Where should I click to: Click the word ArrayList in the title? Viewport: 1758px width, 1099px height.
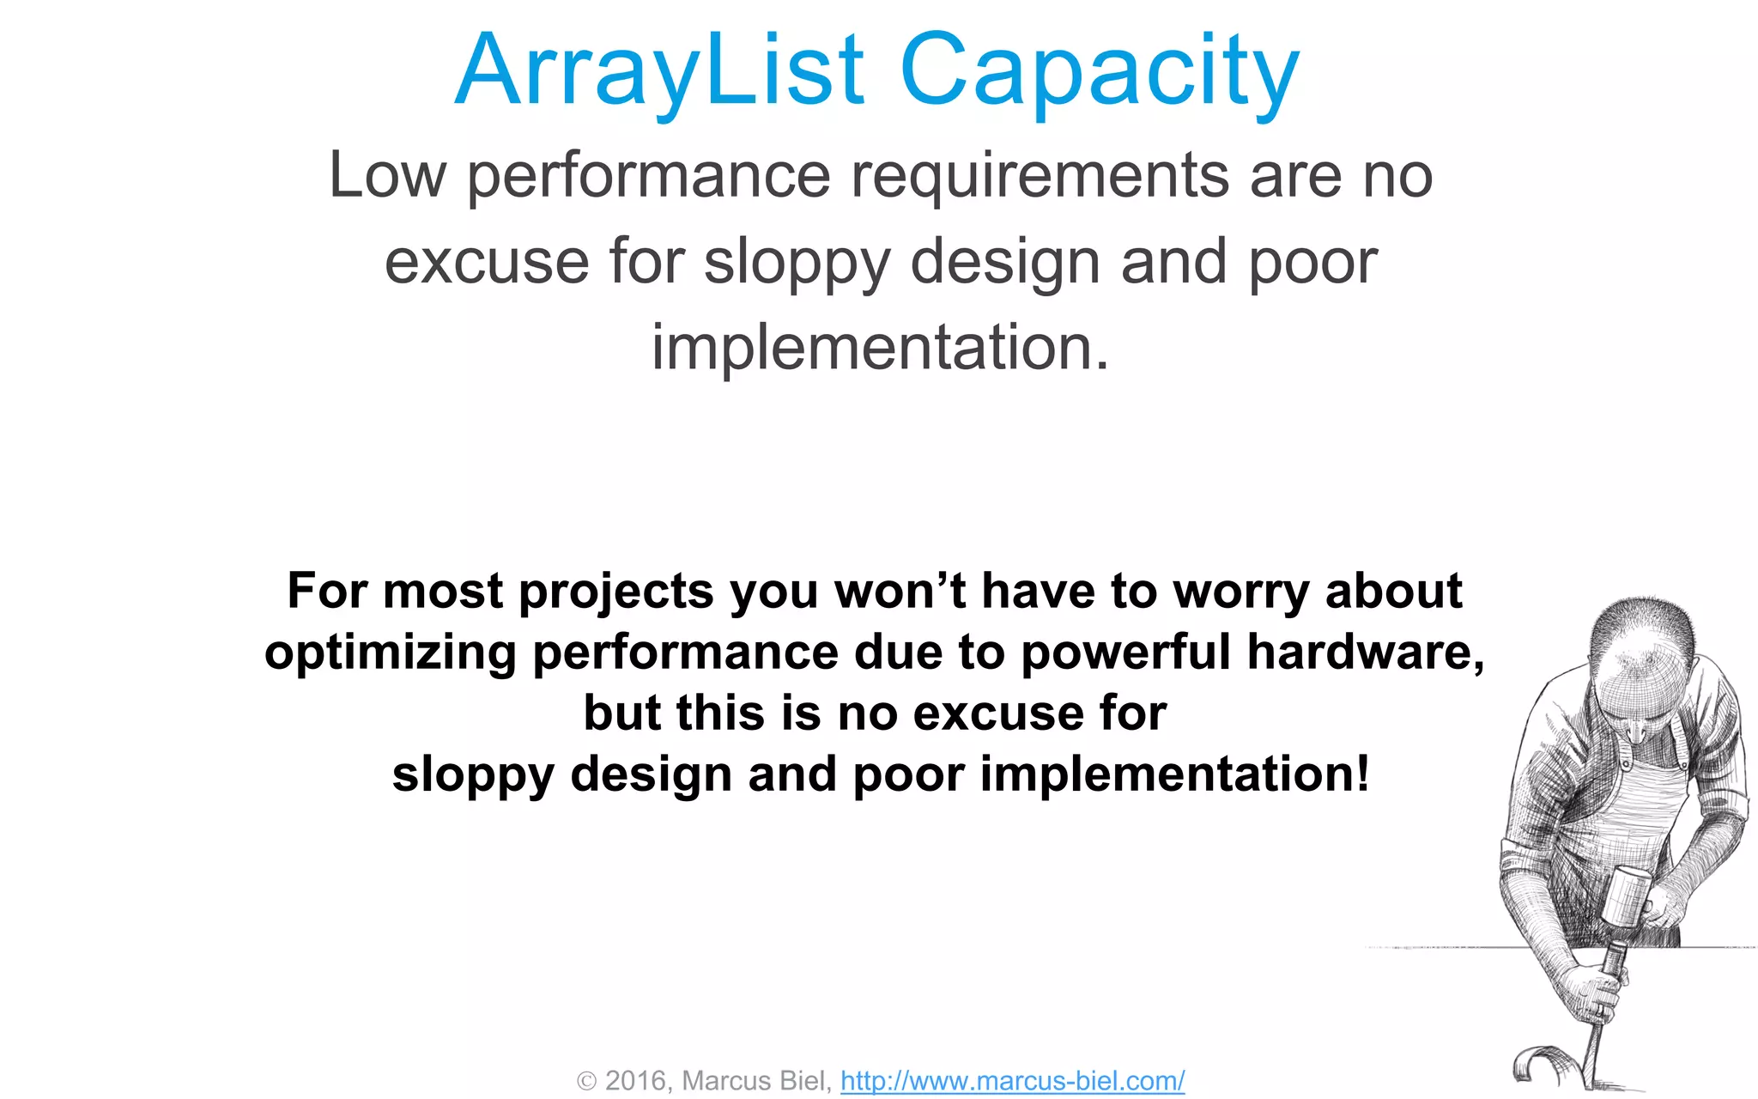pyautogui.click(x=659, y=70)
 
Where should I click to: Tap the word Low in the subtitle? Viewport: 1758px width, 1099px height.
pyautogui.click(x=387, y=175)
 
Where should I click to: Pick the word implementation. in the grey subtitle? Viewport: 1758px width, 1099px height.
pyautogui.click(x=881, y=347)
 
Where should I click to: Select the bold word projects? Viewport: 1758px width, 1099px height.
pyautogui.click(x=615, y=592)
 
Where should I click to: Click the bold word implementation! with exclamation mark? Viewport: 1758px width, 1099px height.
pyautogui.click(x=1174, y=774)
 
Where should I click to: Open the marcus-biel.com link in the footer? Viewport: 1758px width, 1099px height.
pyautogui.click(x=1012, y=1080)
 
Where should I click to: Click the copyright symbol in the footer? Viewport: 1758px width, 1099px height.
pyautogui.click(x=586, y=1081)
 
